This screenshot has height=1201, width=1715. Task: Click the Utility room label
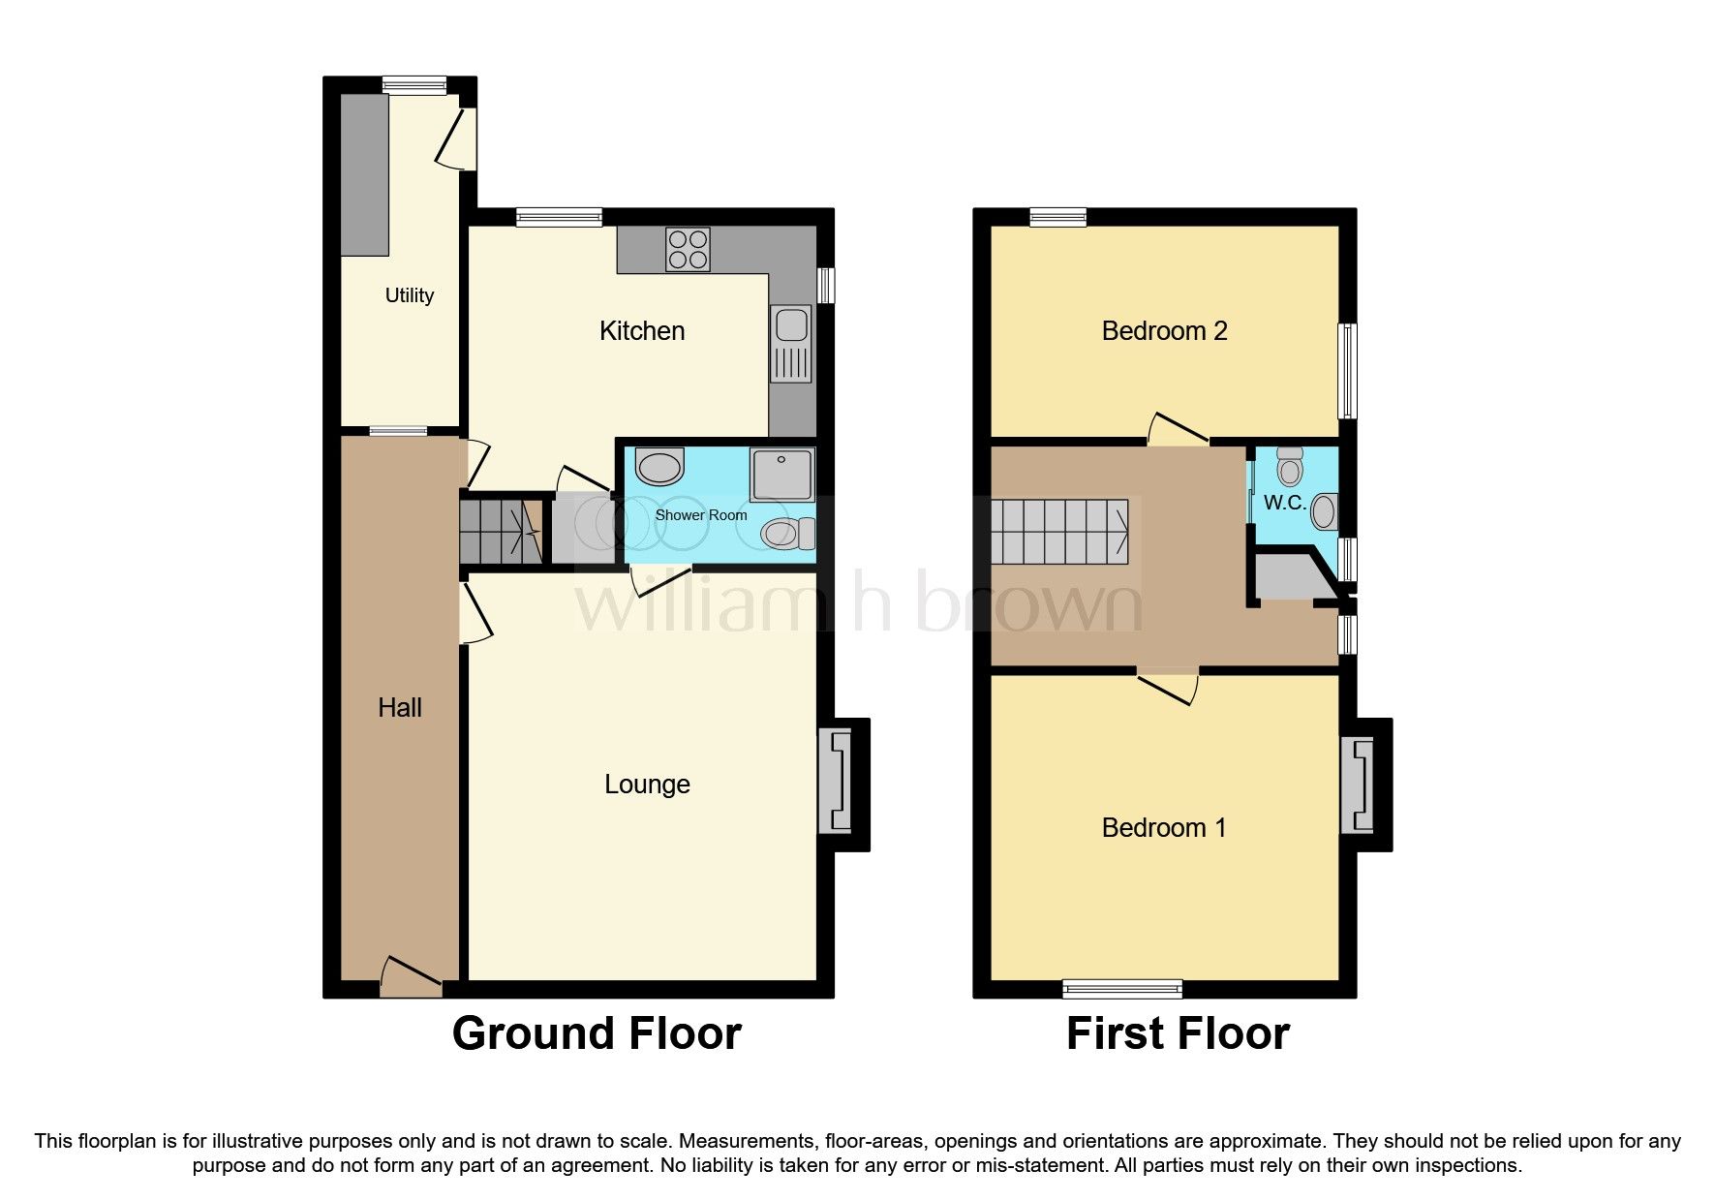click(409, 295)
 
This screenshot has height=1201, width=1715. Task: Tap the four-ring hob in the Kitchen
click(688, 249)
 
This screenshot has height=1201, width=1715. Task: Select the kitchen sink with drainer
click(791, 345)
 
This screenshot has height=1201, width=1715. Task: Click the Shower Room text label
click(700, 515)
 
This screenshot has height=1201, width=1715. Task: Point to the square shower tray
click(781, 474)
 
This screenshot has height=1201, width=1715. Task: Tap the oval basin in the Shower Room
click(660, 467)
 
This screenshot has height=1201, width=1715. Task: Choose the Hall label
click(399, 708)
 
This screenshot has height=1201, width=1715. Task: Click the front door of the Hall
click(412, 978)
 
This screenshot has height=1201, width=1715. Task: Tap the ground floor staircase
click(500, 531)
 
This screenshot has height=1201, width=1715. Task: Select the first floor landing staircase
click(1059, 532)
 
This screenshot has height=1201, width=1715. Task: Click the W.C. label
click(1284, 504)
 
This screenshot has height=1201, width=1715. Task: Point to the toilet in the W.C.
click(1289, 467)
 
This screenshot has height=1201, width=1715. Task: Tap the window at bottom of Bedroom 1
click(1121, 989)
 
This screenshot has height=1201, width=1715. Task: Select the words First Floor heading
click(1178, 1033)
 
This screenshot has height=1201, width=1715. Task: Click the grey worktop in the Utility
click(364, 175)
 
